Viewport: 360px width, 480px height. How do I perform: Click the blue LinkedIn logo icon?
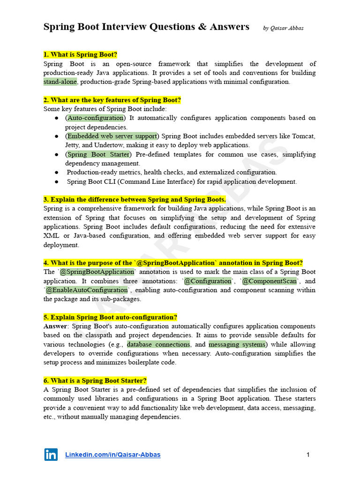point(51,454)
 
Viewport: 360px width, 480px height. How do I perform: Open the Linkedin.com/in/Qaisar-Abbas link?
point(112,455)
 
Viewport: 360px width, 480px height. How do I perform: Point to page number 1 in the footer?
point(308,455)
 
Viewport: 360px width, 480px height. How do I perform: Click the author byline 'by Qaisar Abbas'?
point(283,28)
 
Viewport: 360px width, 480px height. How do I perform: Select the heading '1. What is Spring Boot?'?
point(80,55)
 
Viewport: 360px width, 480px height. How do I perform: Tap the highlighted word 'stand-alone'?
point(60,82)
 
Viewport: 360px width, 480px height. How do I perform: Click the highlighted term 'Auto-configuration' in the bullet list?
point(96,118)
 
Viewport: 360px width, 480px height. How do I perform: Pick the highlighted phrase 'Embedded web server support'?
point(112,136)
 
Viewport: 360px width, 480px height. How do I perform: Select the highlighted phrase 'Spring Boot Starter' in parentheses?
point(98,155)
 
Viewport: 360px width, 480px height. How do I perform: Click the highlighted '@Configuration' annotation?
point(207,281)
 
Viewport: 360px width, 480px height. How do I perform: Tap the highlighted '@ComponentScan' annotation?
point(269,281)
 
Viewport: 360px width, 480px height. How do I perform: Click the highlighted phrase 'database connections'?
point(158,345)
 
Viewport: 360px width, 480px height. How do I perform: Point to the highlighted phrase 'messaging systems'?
point(237,345)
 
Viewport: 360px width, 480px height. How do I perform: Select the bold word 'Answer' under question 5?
point(55,326)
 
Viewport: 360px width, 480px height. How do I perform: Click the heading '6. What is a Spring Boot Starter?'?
point(95,381)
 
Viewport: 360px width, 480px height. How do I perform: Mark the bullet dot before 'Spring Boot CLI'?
point(56,182)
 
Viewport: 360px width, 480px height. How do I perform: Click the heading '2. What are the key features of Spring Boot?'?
point(112,100)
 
